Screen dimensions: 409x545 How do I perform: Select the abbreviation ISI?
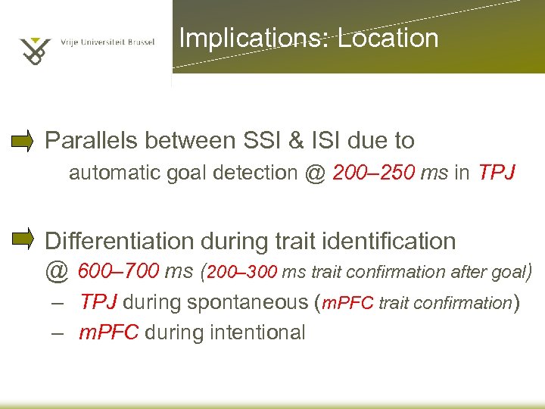tap(344, 140)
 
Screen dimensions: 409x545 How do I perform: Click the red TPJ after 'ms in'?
tap(496, 173)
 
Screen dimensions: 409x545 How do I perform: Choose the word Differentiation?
tap(120, 241)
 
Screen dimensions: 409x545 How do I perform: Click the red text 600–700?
tap(116, 270)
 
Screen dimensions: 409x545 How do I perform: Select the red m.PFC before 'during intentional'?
tap(109, 332)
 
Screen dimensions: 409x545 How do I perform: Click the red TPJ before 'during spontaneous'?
tap(98, 302)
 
